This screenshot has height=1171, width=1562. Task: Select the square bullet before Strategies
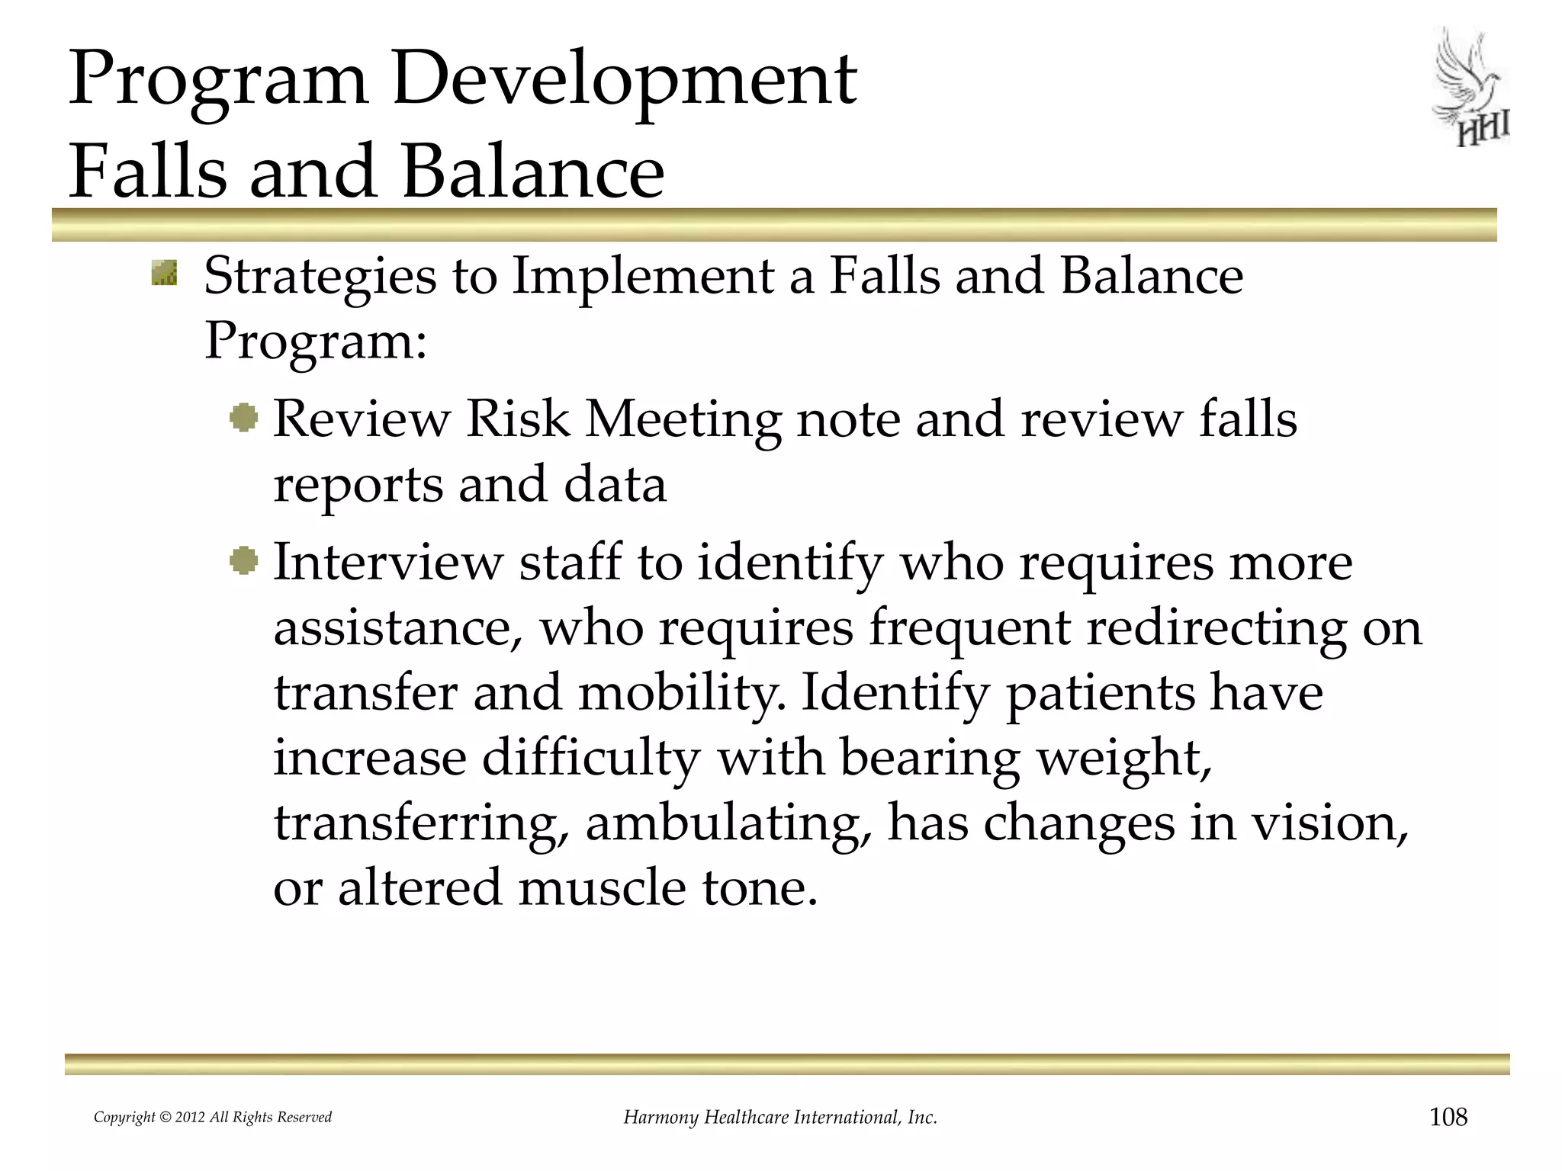(164, 273)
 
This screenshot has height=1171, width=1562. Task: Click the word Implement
(643, 276)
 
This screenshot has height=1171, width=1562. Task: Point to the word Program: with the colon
(315, 341)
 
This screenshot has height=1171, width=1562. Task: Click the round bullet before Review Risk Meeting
(244, 418)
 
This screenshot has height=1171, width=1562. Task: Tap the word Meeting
(683, 419)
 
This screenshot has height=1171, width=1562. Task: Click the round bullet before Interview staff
(244, 562)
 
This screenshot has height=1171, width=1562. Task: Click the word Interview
(388, 563)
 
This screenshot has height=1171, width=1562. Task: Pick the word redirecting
(1216, 629)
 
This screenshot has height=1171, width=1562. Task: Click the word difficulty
(590, 759)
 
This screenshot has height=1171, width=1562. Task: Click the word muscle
(602, 888)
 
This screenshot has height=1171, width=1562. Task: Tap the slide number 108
(1448, 1117)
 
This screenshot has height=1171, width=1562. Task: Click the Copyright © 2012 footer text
(212, 1118)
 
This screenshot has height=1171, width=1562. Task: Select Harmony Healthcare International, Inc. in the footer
(780, 1118)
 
